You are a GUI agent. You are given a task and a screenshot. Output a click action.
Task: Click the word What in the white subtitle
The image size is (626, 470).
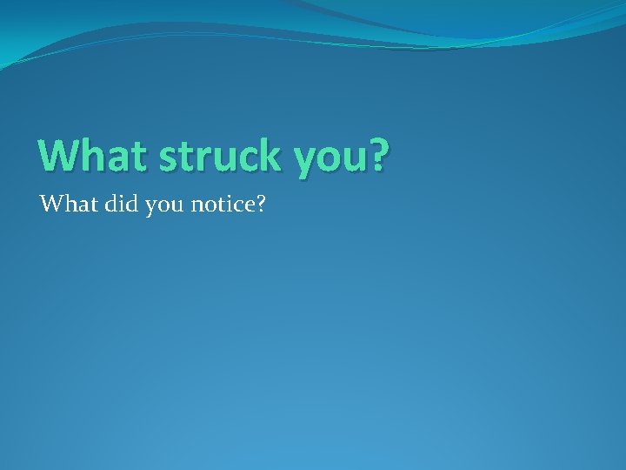[66, 205]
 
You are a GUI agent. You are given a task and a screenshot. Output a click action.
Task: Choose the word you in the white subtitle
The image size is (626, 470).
[155, 208]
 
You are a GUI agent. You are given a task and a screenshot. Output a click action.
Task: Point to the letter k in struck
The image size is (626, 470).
[270, 155]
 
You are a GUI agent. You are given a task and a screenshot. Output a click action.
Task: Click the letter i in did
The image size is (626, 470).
[113, 205]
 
